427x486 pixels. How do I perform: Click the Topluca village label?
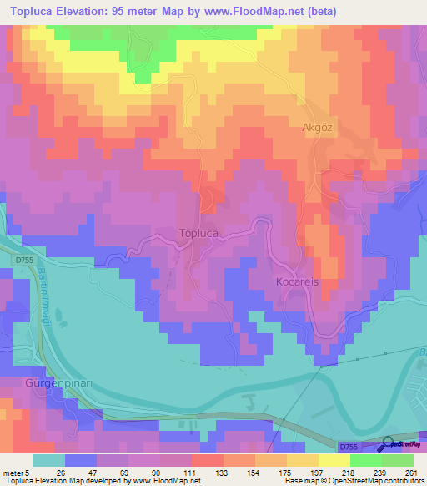pos(198,235)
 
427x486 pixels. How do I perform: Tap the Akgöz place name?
pos(318,129)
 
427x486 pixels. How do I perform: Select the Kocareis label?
pos(298,282)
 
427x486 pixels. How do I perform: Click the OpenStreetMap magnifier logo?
pos(389,445)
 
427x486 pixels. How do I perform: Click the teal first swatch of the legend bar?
pos(49,460)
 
